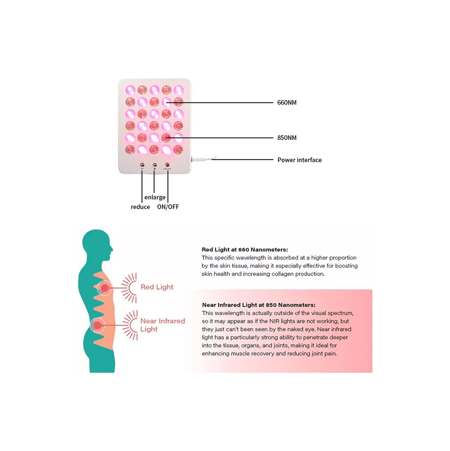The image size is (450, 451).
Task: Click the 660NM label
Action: click(287, 103)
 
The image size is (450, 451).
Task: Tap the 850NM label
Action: click(287, 138)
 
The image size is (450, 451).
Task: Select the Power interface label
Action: click(299, 160)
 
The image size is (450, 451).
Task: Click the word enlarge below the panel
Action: click(155, 197)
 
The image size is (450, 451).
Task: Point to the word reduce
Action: click(140, 207)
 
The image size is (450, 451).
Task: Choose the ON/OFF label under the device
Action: click(168, 207)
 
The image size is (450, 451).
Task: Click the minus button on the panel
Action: click(142, 165)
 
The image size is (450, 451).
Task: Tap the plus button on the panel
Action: click(155, 165)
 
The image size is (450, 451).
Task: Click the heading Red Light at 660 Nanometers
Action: click(245, 250)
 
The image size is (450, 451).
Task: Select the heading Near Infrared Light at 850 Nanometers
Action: click(258, 305)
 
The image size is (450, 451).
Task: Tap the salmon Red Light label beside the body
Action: click(157, 287)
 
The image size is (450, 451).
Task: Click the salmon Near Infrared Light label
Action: click(162, 325)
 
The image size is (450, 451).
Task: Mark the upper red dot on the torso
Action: click(104, 288)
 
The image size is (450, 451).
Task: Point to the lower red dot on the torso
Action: click(98, 325)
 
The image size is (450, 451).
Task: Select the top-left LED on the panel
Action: click(130, 90)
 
